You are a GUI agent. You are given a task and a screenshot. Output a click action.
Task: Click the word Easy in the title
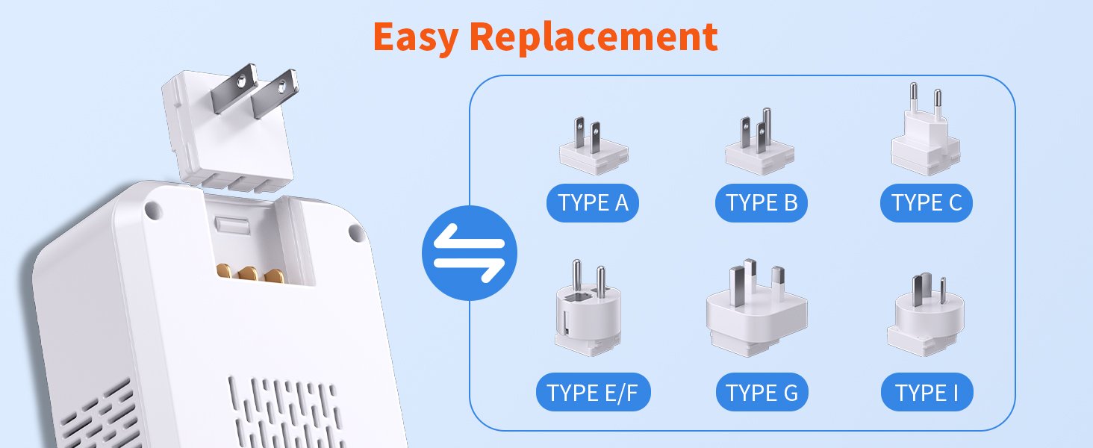point(416,38)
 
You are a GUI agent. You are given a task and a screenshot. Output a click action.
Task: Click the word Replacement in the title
point(594,37)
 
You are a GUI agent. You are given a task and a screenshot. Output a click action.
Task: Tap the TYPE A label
point(592,203)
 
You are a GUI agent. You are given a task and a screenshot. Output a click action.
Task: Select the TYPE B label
point(762,203)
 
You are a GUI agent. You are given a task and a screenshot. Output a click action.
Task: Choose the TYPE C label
point(926,203)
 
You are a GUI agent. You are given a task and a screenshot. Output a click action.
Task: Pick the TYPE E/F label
point(593,392)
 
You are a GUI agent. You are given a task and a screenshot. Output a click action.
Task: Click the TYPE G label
point(762,392)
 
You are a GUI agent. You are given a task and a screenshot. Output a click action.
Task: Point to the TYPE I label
point(927,392)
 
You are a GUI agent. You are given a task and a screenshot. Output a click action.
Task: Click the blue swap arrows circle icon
point(470,253)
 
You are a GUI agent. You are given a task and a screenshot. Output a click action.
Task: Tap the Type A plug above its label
point(594,146)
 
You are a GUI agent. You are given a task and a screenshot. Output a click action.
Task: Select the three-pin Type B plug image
point(759,142)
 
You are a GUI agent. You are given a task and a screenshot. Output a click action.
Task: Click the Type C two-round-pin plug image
point(926,129)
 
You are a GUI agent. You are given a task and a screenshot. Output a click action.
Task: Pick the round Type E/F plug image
point(588,308)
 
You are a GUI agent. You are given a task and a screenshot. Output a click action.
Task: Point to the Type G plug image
point(756,308)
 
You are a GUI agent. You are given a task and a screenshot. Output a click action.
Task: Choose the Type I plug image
point(926,314)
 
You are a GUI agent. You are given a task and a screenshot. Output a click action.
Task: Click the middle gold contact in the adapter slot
point(248,274)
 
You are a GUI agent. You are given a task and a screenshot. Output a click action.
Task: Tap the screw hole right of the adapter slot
point(356,232)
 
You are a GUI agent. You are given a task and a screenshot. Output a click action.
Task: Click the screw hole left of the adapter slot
point(153,210)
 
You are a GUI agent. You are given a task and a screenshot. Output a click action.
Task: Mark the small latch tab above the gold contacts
point(232,225)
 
